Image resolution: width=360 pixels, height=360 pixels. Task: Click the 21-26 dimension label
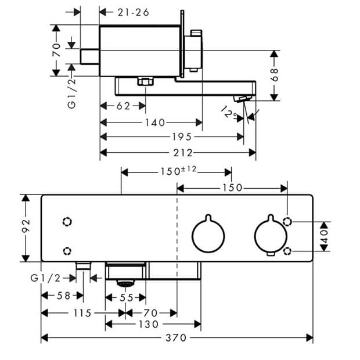tap(134, 12)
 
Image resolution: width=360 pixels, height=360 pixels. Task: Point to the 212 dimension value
tap(183, 153)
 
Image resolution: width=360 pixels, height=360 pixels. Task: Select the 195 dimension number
tap(182, 137)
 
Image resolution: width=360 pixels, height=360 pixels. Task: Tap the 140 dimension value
tap(155, 123)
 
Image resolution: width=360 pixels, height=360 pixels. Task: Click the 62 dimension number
tap(124, 106)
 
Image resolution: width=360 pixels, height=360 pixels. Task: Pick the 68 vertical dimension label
tap(275, 75)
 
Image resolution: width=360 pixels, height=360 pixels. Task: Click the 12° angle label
tap(229, 112)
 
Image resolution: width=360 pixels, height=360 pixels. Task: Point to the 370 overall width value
tap(176, 338)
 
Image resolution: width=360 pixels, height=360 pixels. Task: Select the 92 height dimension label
tap(26, 226)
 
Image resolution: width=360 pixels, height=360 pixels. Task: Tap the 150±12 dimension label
tap(178, 171)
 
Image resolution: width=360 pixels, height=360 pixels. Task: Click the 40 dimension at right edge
tap(324, 236)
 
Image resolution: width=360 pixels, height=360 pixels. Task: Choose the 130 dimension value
tap(149, 325)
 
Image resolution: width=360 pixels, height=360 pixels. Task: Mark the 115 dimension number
tap(82, 313)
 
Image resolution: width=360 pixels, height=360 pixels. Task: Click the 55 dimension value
tap(127, 298)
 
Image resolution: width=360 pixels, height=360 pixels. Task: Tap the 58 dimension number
tap(64, 296)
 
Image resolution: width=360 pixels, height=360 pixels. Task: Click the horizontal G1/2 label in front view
tap(45, 278)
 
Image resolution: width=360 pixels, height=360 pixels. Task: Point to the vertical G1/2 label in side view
tap(71, 93)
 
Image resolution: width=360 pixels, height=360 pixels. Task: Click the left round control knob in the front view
tap(208, 234)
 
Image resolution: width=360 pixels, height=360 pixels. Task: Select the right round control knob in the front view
tap(271, 235)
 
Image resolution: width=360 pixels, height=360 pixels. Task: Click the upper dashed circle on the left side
tap(67, 222)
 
